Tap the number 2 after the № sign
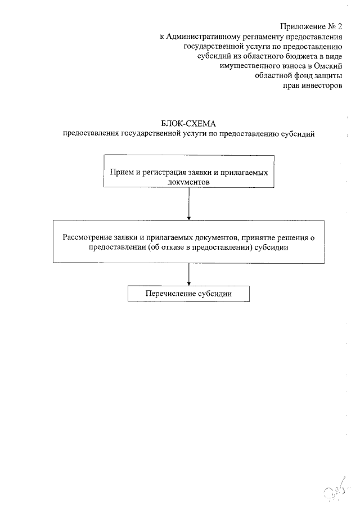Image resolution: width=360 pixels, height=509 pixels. point(340,26)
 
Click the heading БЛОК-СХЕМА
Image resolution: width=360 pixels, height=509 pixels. point(188,124)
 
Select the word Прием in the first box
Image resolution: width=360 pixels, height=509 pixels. point(121,172)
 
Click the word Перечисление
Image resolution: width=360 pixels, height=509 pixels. point(170,294)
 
